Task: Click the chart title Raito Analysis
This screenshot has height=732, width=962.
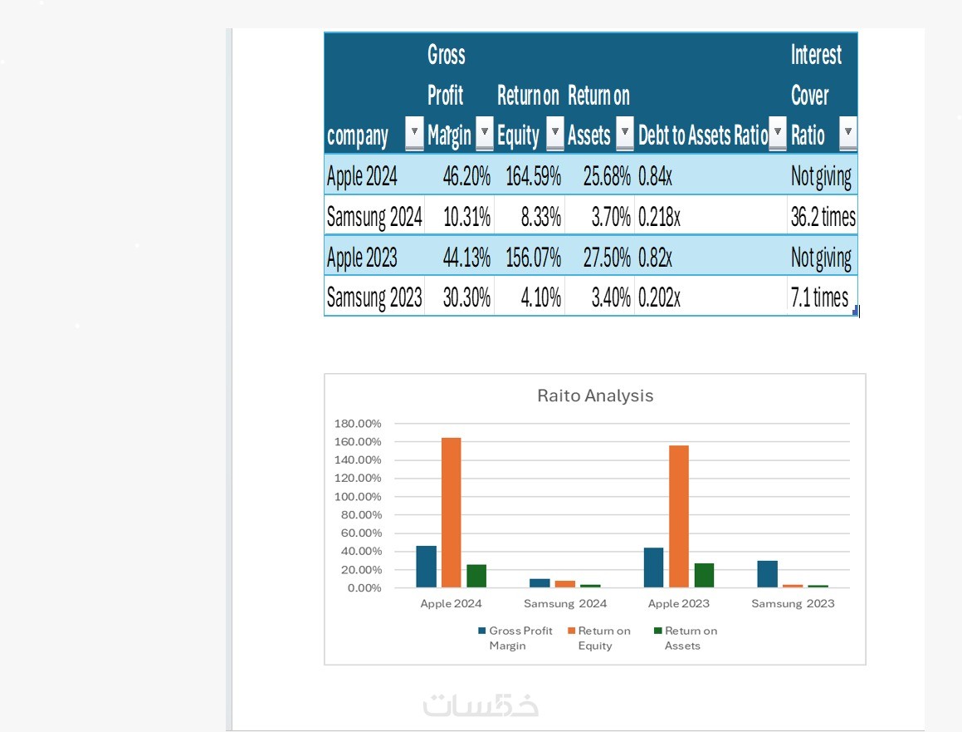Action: pos(595,395)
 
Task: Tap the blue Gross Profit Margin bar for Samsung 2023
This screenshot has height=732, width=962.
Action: pos(767,574)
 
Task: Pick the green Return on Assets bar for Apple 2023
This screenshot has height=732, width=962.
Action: pos(704,575)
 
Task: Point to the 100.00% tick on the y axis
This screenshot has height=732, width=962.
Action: pos(358,497)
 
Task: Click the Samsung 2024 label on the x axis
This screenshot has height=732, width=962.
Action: pos(565,603)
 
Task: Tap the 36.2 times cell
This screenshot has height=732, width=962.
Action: pos(823,217)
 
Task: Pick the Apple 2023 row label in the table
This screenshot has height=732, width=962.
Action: pos(362,258)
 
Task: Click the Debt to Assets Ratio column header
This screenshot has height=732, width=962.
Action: pos(702,135)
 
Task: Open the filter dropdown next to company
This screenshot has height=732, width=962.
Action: pos(414,133)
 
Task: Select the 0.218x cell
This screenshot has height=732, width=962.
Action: pos(659,217)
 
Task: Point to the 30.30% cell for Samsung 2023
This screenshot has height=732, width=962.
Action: pos(466,297)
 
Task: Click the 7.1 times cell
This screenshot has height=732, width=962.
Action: pos(819,297)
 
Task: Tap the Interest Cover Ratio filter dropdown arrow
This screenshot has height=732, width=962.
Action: pos(847,133)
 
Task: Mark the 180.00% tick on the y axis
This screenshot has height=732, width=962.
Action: pos(358,424)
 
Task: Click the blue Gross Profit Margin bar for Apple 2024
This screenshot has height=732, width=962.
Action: pos(426,567)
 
